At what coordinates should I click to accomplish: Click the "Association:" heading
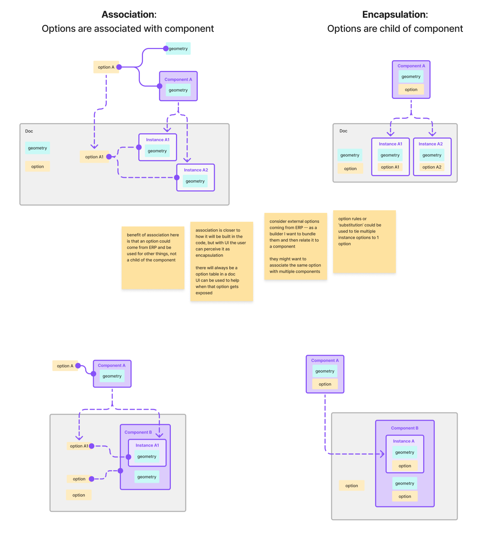tap(129, 15)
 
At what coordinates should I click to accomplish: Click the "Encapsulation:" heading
tap(395, 15)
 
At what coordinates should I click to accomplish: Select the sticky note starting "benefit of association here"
tap(153, 257)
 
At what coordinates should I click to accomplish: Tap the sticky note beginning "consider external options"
tap(295, 246)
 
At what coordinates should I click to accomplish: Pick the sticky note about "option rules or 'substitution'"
tap(364, 241)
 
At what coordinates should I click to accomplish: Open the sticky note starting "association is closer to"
tap(221, 261)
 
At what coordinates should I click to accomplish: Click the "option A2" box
tap(432, 167)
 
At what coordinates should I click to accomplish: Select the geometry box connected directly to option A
tap(178, 49)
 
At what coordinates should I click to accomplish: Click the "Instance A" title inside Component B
tap(404, 441)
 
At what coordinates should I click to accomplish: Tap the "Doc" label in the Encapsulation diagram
tap(343, 131)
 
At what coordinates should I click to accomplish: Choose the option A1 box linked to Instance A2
tap(94, 157)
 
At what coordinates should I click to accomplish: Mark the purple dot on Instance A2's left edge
tap(177, 177)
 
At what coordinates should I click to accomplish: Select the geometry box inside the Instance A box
tap(404, 452)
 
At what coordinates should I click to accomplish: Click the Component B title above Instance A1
tap(138, 432)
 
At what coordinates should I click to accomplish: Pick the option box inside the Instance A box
tap(405, 466)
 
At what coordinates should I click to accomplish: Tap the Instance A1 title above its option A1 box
tap(390, 144)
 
